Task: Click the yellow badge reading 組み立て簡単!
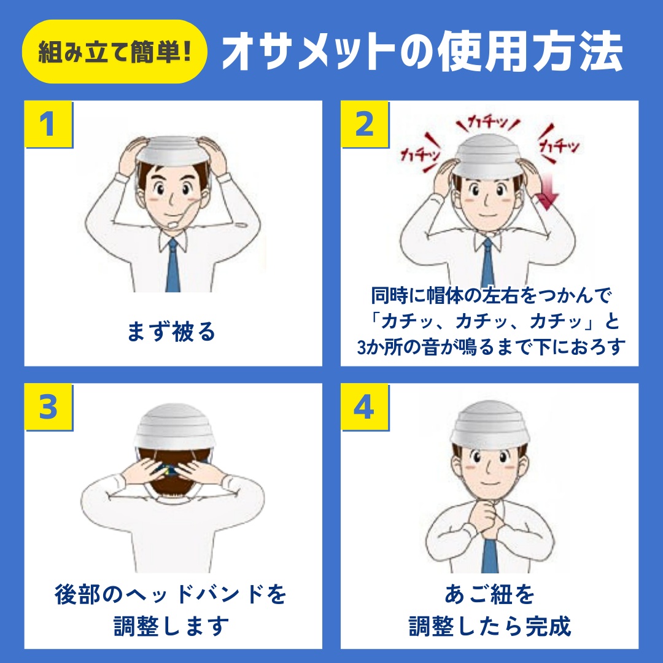point(115,52)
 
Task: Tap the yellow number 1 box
point(48,124)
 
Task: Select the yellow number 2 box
point(365,124)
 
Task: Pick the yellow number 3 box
point(48,407)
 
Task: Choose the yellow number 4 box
point(365,407)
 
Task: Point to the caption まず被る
point(171,331)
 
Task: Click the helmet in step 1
point(173,151)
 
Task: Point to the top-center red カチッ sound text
point(488,123)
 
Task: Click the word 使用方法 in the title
point(530,52)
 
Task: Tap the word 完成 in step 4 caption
point(548,626)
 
